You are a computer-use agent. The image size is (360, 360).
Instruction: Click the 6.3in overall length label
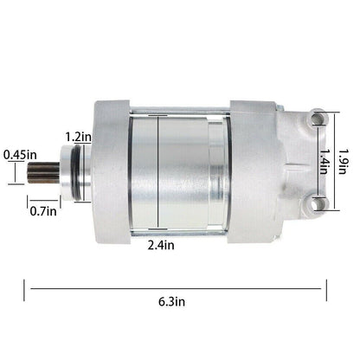[x=171, y=302]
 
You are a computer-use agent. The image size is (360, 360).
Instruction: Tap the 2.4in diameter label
[x=161, y=245]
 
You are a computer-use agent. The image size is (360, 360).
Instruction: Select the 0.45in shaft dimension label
[x=20, y=155]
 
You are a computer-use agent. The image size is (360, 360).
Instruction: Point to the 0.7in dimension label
[x=43, y=211]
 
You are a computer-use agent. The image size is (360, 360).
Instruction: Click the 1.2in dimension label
[x=78, y=137]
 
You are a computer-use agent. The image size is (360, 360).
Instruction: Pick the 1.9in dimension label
[x=343, y=161]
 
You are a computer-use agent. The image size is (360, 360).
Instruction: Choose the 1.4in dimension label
[x=324, y=161]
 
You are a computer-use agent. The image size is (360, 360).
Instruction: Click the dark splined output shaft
[x=43, y=173]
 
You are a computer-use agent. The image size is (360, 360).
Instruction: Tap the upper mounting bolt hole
[x=318, y=118]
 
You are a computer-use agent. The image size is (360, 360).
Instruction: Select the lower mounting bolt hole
[x=318, y=203]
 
